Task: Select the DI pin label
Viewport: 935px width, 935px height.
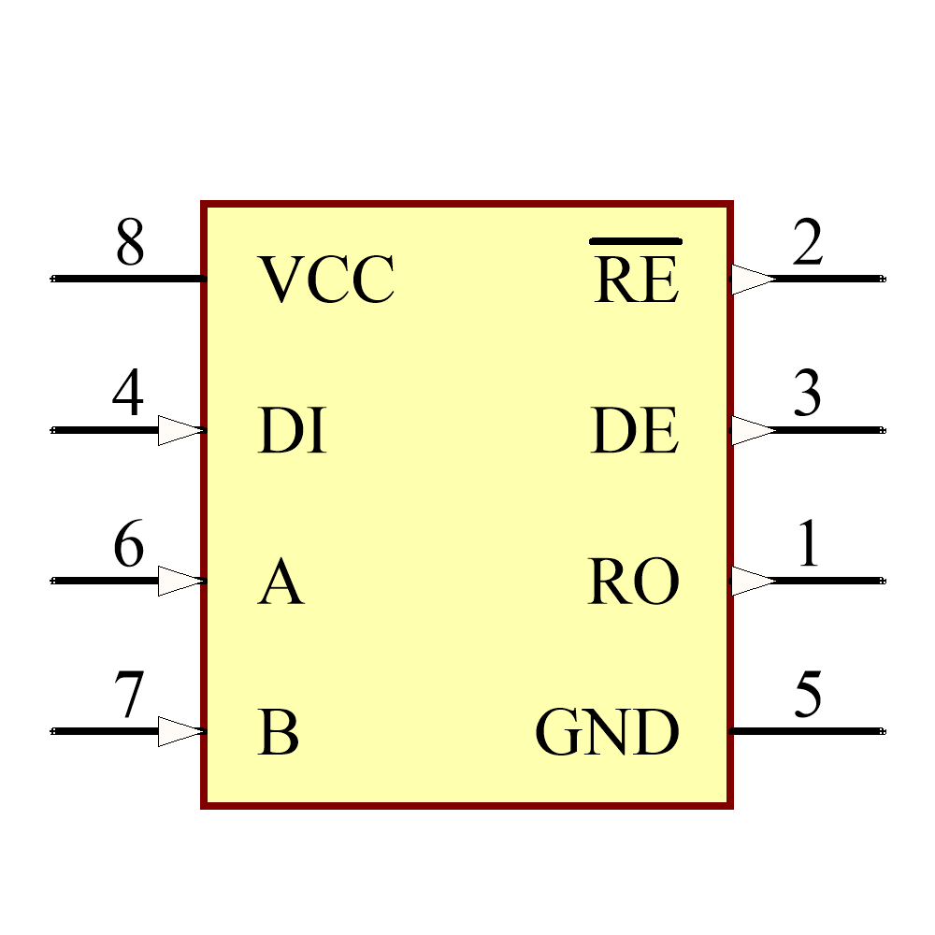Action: click(292, 432)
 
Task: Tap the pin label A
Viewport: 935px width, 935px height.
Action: click(280, 583)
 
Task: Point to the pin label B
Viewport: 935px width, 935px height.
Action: click(279, 733)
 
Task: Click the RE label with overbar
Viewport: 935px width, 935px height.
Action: click(636, 280)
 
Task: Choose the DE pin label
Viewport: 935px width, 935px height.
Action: click(634, 432)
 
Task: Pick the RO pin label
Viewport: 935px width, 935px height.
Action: click(633, 583)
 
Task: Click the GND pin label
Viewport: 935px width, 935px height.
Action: click(607, 733)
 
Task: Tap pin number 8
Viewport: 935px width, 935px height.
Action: click(130, 243)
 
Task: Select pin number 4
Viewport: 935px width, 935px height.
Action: click(129, 394)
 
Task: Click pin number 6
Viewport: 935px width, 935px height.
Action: click(129, 545)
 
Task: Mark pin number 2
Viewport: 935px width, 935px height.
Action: click(807, 243)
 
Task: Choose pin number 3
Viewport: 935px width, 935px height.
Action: click(807, 394)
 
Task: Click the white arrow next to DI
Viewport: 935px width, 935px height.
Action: click(180, 431)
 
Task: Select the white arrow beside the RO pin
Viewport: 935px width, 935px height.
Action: click(753, 581)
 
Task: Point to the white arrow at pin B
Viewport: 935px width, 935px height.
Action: click(180, 731)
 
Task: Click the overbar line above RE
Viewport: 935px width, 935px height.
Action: click(636, 241)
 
